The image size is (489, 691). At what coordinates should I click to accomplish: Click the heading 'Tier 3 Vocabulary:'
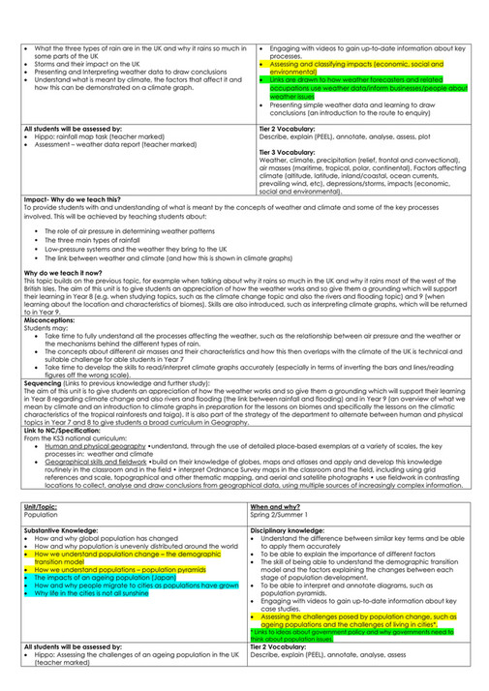coord(291,153)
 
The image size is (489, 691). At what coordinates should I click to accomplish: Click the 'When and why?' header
coord(275,506)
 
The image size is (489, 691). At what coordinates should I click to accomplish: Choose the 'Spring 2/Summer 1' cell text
coord(284,516)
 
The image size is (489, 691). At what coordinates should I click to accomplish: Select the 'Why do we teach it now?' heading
coord(63,274)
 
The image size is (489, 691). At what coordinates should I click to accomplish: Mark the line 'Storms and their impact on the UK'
coord(86,64)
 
